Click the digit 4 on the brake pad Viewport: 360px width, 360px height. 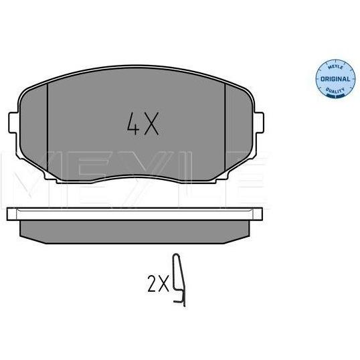(x=133, y=123)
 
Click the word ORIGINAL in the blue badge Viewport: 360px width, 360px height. (x=335, y=79)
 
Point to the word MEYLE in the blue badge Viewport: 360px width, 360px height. (x=336, y=67)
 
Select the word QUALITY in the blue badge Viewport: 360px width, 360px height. (x=335, y=90)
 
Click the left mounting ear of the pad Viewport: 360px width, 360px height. (x=13, y=122)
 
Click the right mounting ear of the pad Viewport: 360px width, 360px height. (x=259, y=122)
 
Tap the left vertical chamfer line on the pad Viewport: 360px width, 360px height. (x=48, y=128)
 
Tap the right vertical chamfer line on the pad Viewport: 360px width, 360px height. (x=226, y=128)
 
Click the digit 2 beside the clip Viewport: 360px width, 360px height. (x=152, y=284)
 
